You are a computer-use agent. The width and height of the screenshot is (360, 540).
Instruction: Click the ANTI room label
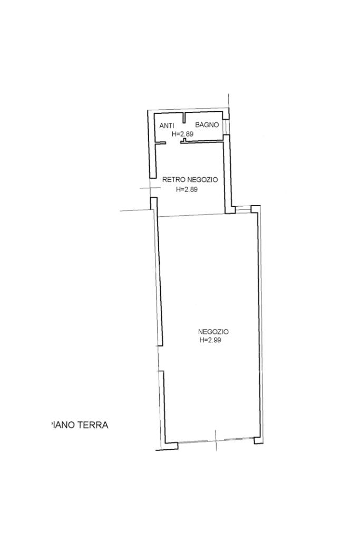tap(167, 126)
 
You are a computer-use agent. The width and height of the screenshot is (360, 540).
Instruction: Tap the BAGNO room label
tap(207, 125)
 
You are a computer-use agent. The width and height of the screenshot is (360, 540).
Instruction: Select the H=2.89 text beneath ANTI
tap(182, 134)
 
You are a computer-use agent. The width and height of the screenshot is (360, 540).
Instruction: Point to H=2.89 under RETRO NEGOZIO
tap(187, 189)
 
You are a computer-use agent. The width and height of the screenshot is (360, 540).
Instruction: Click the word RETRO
tap(174, 179)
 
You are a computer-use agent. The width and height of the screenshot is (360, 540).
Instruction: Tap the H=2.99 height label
tap(210, 340)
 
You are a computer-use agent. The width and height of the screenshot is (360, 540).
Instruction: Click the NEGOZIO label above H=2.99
tap(213, 332)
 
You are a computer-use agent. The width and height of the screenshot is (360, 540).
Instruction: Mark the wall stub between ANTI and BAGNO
tap(184, 118)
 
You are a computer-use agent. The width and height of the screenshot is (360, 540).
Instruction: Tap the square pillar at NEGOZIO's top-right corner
tap(255, 209)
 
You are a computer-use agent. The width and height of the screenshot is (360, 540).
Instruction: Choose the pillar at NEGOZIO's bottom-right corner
tap(258, 440)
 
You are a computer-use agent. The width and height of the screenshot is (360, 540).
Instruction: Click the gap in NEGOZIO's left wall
tap(160, 358)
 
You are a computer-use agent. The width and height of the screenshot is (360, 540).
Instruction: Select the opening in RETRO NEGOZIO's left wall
tap(152, 188)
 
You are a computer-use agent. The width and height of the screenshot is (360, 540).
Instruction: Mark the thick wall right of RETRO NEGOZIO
tap(228, 174)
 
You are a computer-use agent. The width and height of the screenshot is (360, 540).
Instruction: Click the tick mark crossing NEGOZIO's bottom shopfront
tap(216, 440)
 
